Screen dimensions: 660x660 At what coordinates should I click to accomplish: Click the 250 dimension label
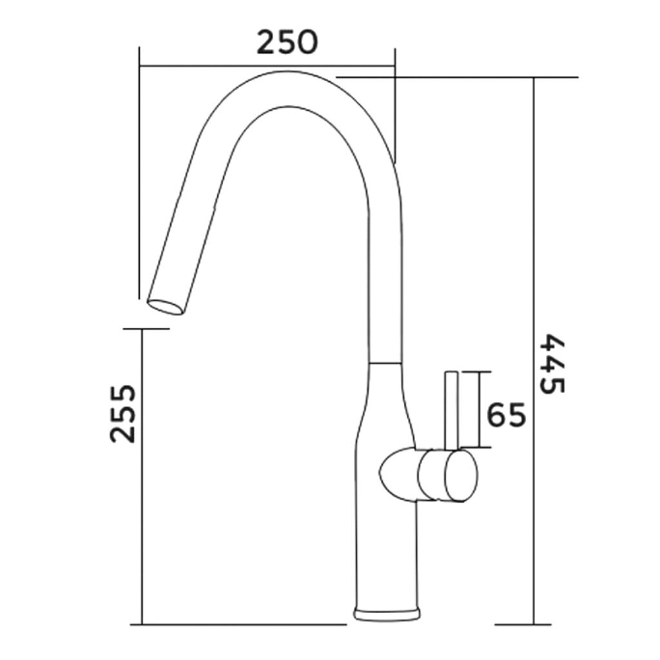pos(287,42)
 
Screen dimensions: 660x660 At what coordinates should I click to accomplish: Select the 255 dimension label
pos(123,413)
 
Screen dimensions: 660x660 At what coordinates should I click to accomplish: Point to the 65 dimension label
pos(507,414)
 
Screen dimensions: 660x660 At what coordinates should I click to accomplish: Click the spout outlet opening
pos(166,307)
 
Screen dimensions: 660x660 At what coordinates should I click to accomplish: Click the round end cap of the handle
pos(461,476)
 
